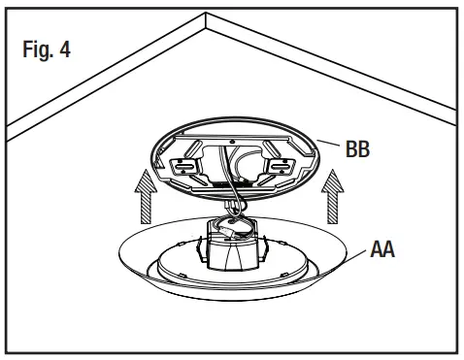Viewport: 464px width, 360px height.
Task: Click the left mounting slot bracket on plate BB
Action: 181,166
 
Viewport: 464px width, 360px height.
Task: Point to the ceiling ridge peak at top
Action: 207,16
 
